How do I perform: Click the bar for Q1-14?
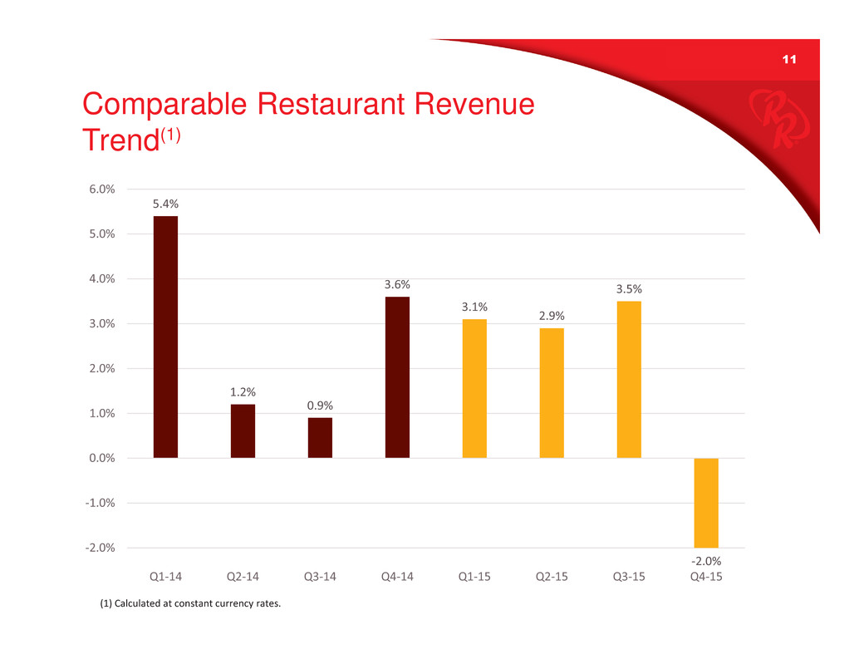click(165, 337)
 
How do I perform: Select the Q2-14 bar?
click(243, 430)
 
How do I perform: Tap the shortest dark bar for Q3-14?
click(320, 437)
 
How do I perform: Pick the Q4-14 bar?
click(397, 376)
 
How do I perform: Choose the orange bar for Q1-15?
click(474, 388)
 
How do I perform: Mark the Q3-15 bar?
click(629, 379)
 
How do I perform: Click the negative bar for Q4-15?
click(706, 502)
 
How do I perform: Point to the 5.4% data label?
click(165, 204)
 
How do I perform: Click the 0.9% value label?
click(320, 406)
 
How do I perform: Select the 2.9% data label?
click(552, 316)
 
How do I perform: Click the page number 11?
click(788, 60)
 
